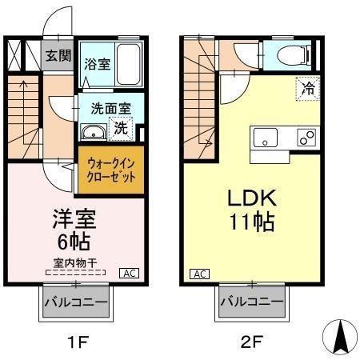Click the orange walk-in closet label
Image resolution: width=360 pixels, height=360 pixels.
110,168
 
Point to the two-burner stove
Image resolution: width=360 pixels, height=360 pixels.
306,138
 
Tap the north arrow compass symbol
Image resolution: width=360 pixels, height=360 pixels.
339,335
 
